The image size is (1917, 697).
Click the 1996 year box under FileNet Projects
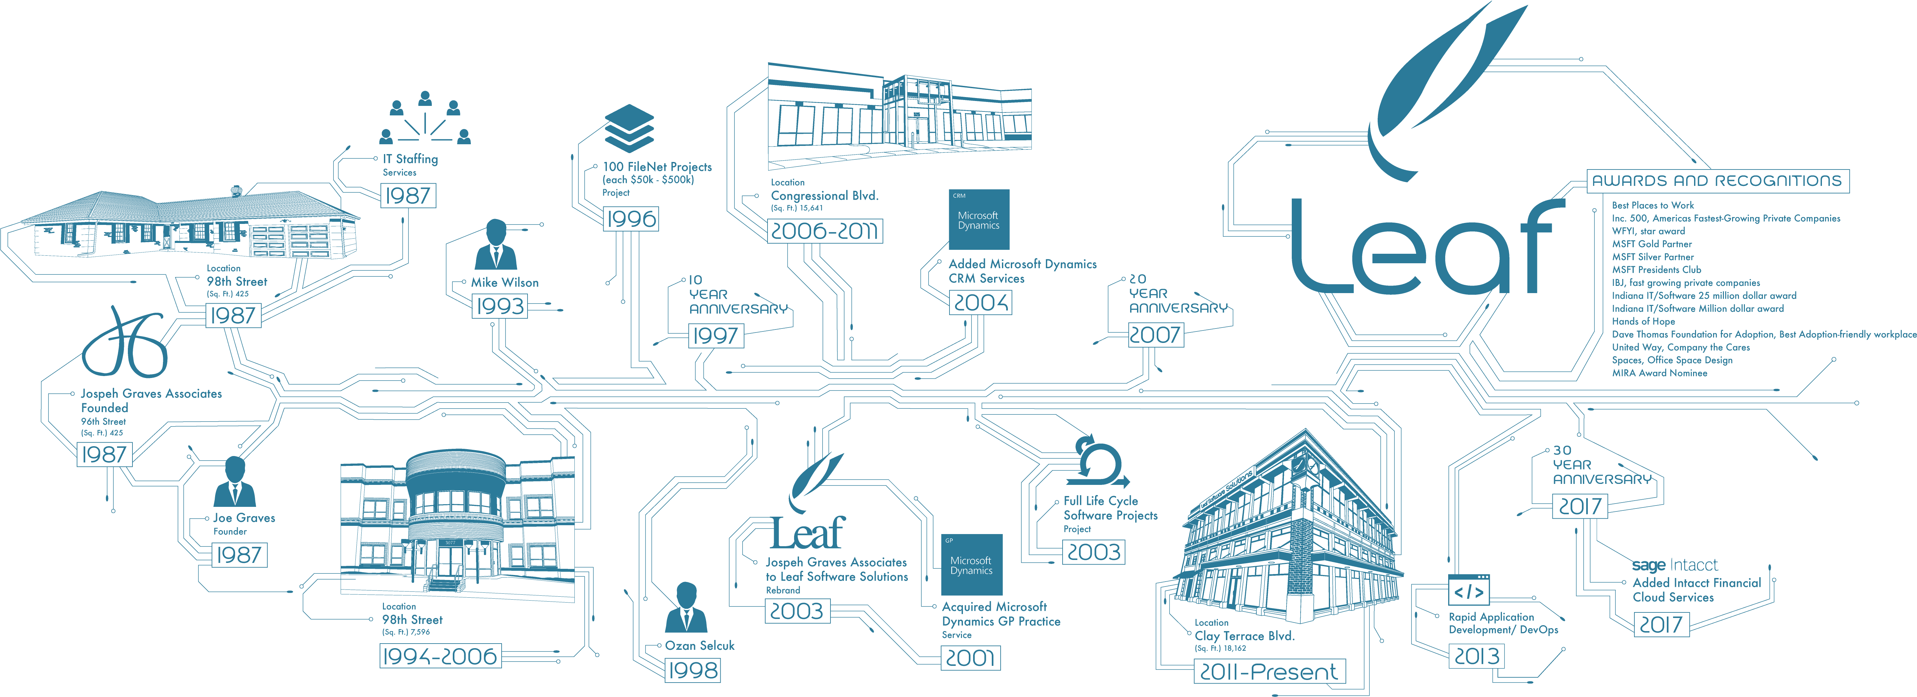point(630,219)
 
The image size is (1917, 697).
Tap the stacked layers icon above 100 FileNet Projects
point(629,128)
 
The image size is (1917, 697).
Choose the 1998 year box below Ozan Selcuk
point(693,670)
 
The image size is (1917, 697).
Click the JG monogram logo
point(125,344)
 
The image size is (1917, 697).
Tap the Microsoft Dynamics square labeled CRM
point(979,219)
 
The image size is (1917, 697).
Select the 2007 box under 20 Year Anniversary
point(1155,335)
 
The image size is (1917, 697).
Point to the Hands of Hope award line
point(1643,321)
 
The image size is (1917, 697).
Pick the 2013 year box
point(1477,656)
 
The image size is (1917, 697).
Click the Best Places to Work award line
point(1652,205)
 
